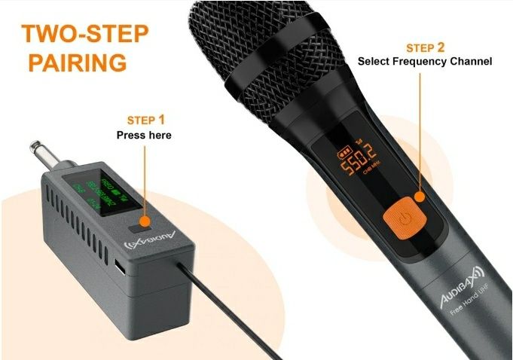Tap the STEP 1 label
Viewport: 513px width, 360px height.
point(142,120)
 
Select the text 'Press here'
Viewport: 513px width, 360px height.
point(143,136)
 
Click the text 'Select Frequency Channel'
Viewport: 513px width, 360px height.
point(424,61)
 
